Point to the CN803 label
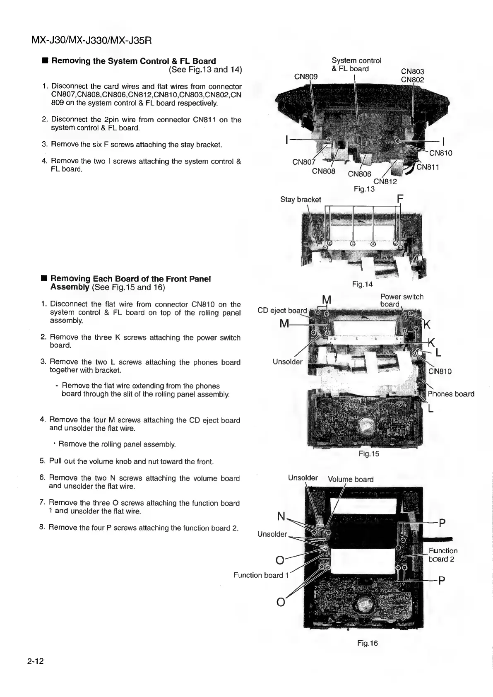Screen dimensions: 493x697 pyautogui.click(x=413, y=72)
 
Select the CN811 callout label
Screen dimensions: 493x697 pyautogui.click(x=428, y=167)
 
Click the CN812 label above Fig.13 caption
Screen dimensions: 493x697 pyautogui.click(x=385, y=181)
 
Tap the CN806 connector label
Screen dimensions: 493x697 pyautogui.click(x=359, y=174)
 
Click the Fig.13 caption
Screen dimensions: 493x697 pyautogui.click(x=364, y=189)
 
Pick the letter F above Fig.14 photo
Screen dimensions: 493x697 pyautogui.click(x=400, y=199)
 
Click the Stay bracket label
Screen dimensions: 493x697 pyautogui.click(x=301, y=200)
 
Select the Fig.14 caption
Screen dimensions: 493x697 pyautogui.click(x=362, y=284)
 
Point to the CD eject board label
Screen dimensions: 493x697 pyautogui.click(x=282, y=311)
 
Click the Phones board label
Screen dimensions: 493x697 pyautogui.click(x=451, y=394)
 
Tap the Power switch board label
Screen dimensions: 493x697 pyautogui.click(x=402, y=300)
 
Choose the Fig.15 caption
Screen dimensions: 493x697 pyautogui.click(x=368, y=454)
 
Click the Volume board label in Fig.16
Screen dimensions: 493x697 pyautogui.click(x=351, y=479)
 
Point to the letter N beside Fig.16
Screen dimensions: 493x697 pyautogui.click(x=281, y=516)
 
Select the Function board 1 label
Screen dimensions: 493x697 pyautogui.click(x=258, y=575)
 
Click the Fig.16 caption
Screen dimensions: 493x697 pyautogui.click(x=368, y=643)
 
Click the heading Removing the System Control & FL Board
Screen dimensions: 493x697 pyautogui.click(x=134, y=61)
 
